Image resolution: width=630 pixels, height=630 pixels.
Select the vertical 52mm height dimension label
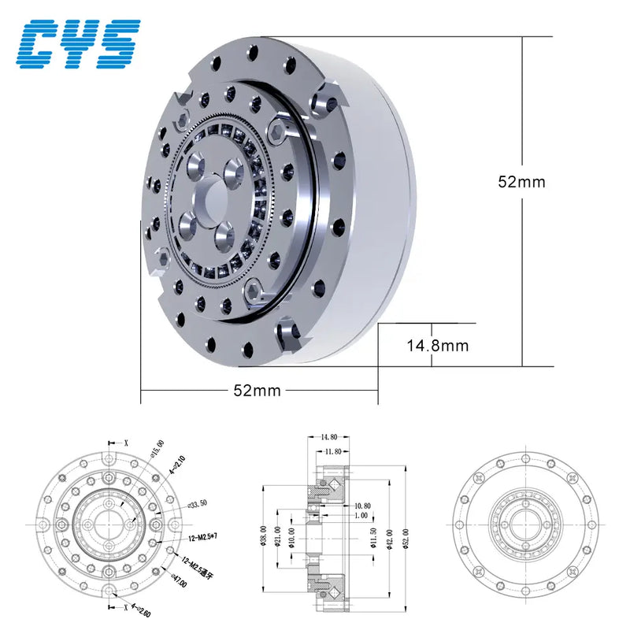(x=521, y=181)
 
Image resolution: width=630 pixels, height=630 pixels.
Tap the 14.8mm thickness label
(x=437, y=345)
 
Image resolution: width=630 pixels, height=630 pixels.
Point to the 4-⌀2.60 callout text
(x=141, y=609)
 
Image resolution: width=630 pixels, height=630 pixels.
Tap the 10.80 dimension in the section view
(x=362, y=505)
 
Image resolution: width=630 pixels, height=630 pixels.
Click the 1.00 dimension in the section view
(x=361, y=515)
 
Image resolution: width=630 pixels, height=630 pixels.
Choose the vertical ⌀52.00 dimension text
(x=406, y=539)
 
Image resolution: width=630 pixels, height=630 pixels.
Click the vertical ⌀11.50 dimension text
(x=371, y=539)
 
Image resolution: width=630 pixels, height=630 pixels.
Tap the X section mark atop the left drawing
(x=125, y=443)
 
